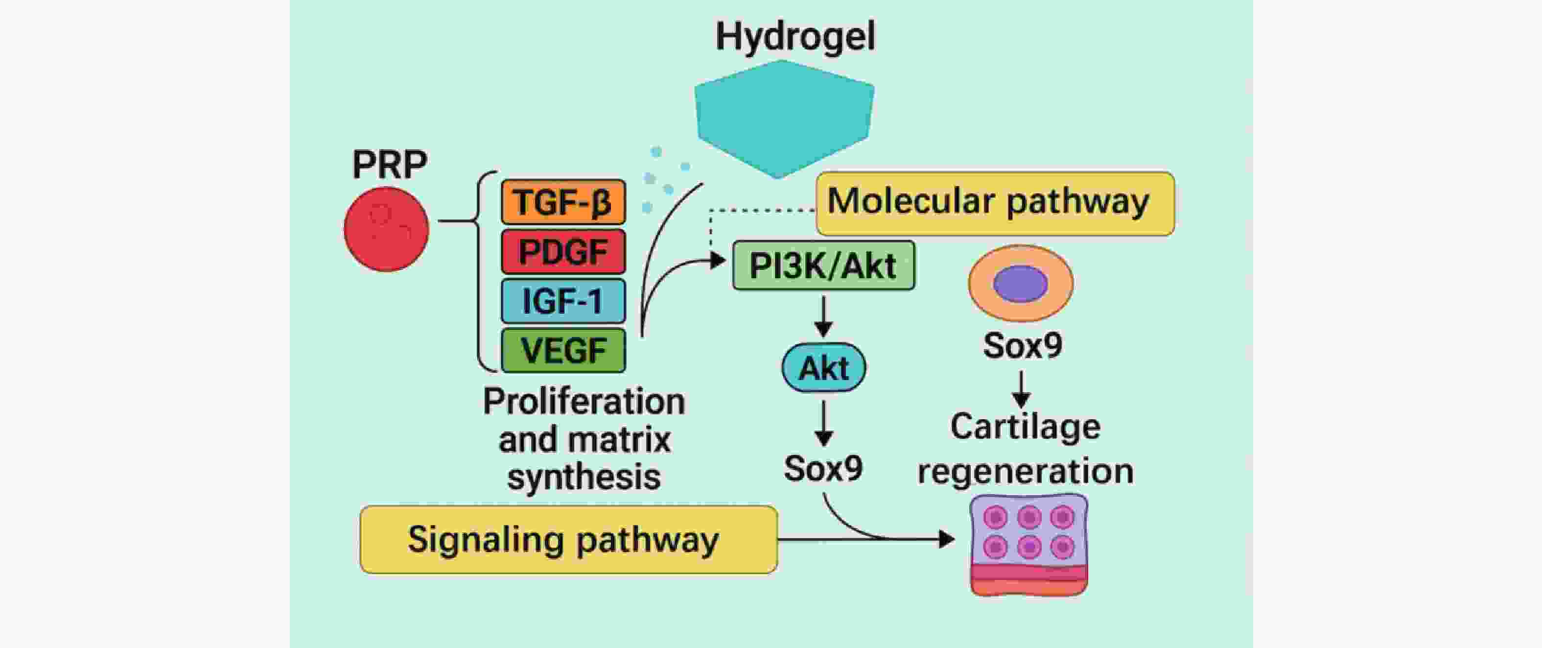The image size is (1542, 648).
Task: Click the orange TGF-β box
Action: [563, 202]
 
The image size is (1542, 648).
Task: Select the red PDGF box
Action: [563, 252]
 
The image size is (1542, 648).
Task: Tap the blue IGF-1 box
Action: [563, 301]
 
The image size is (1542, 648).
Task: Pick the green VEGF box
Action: [563, 350]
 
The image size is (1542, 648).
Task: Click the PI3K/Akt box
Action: [824, 265]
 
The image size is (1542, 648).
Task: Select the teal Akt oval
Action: [824, 367]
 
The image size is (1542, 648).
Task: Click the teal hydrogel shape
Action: [784, 119]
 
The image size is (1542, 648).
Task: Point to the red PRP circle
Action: [386, 229]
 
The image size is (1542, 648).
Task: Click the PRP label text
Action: [390, 164]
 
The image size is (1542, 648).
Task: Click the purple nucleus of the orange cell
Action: [1021, 283]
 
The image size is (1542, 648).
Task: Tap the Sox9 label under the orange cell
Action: [1023, 346]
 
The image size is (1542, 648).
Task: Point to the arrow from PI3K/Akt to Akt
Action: [824, 317]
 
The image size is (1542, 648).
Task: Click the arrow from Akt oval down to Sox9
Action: [824, 423]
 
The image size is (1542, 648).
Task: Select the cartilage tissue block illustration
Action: [1029, 544]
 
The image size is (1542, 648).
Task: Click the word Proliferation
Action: [584, 401]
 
